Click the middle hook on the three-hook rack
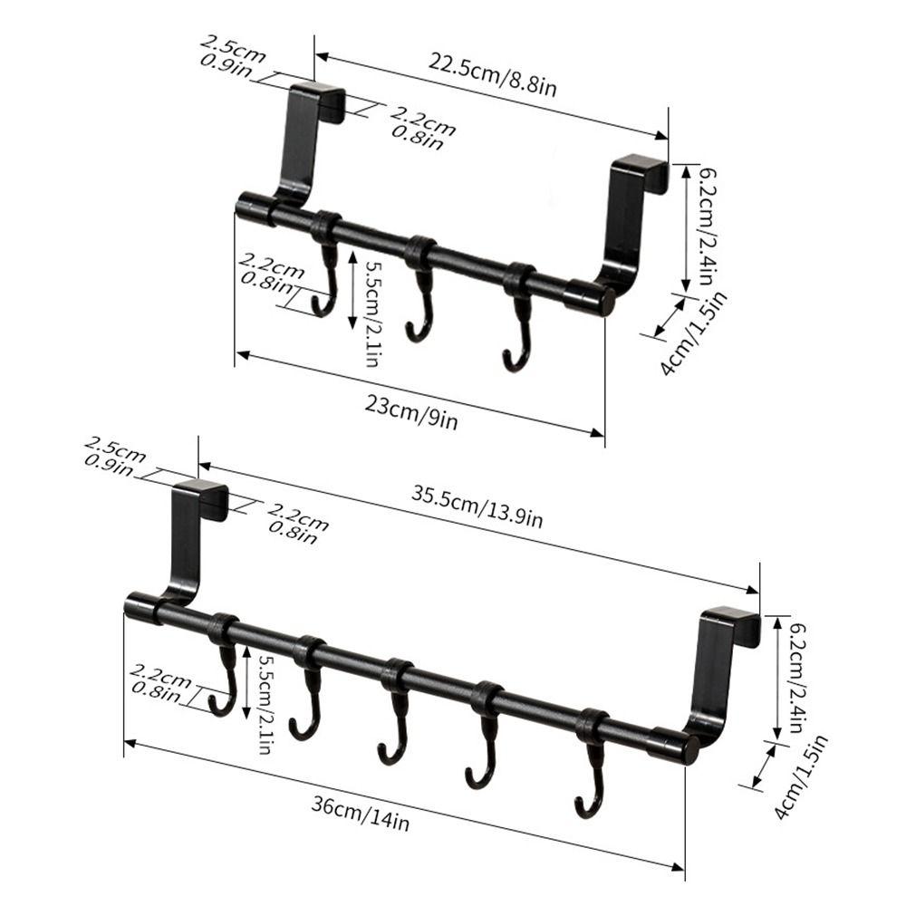[419, 290]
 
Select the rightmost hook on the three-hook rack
[517, 317]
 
